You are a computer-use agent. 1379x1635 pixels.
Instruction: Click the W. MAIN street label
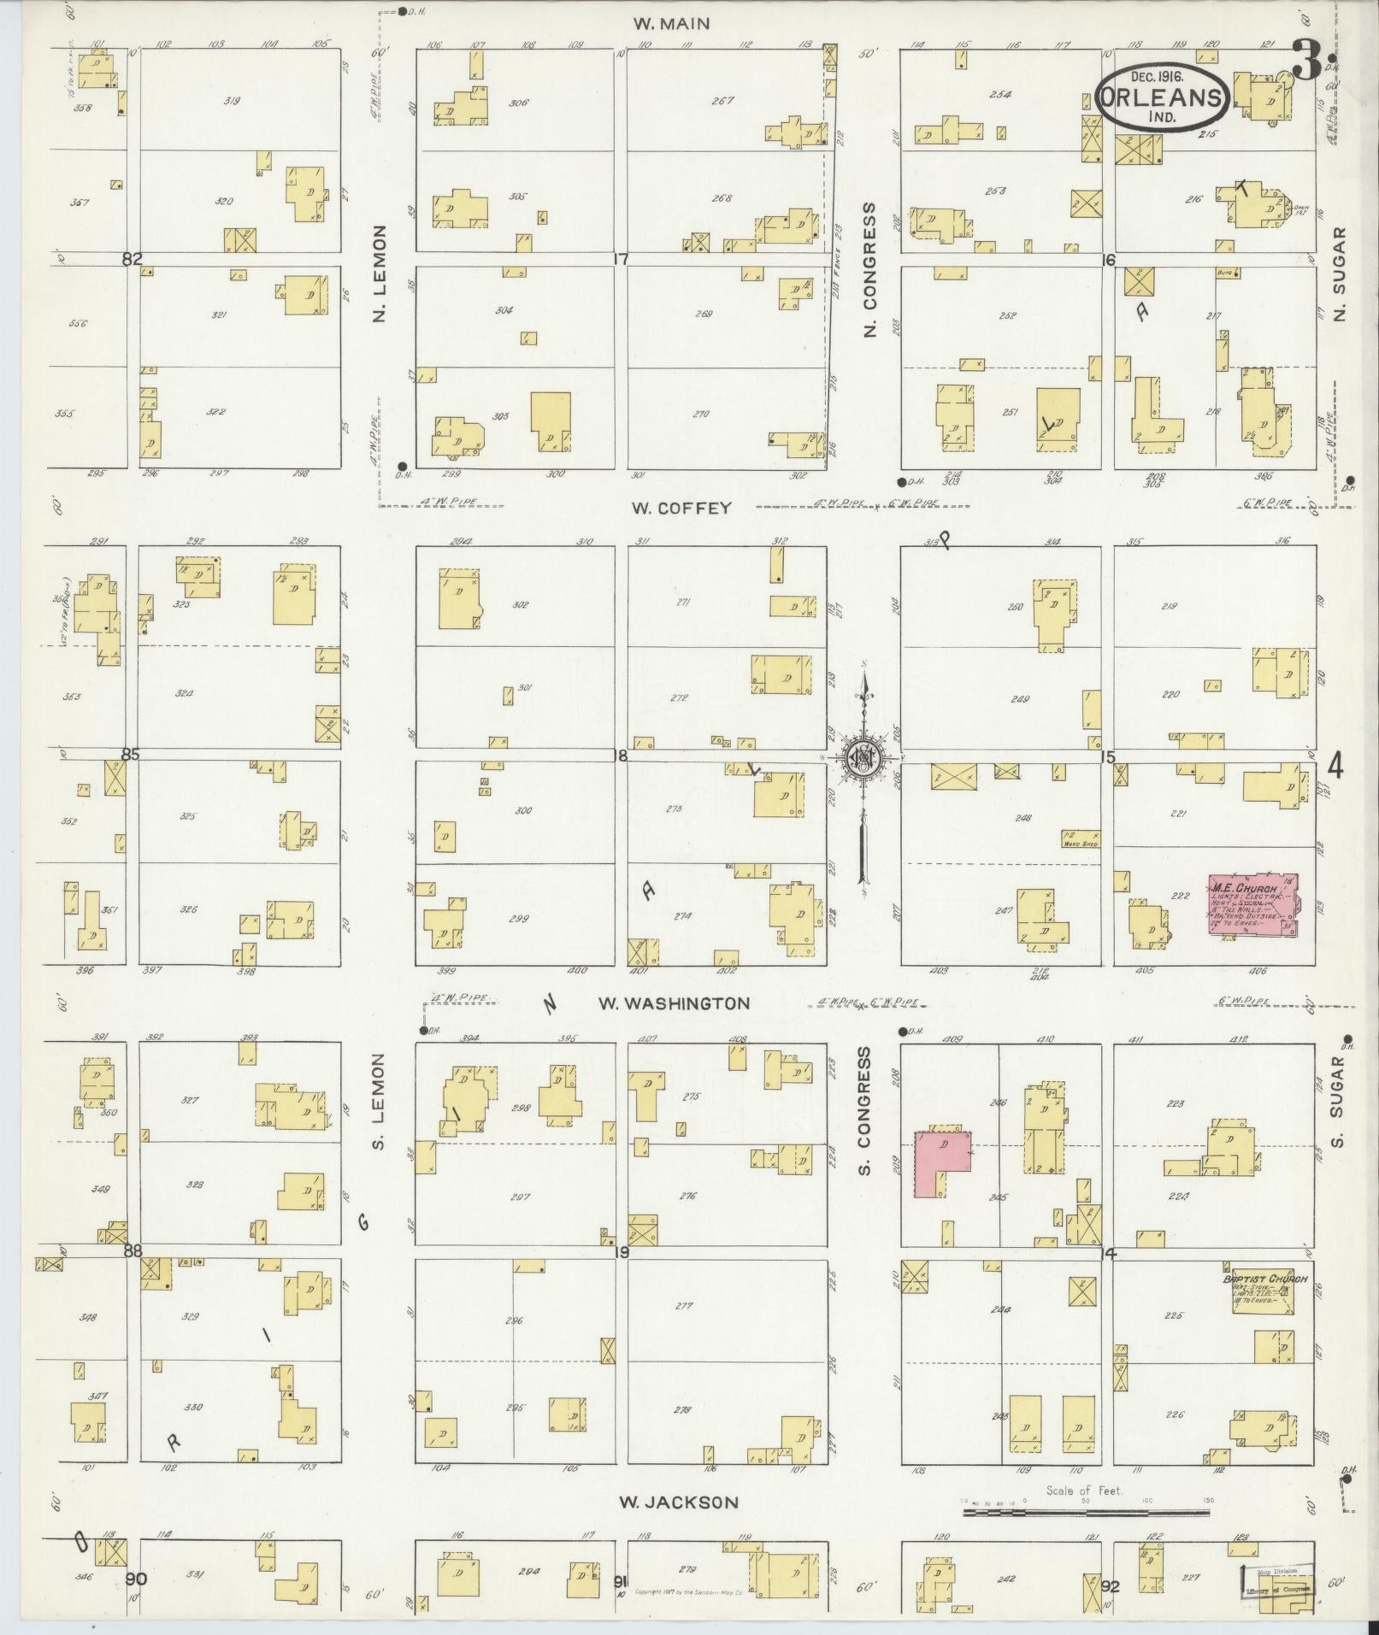point(671,23)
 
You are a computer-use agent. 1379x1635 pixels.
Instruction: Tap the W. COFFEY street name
point(681,508)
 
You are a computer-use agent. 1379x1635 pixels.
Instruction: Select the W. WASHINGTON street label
point(674,1003)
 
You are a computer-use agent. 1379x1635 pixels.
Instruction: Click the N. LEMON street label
point(380,273)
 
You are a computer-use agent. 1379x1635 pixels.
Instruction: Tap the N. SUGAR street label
point(1339,273)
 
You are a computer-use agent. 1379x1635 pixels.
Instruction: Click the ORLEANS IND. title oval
point(1163,97)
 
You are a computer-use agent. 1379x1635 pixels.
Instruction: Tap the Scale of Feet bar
point(1086,1512)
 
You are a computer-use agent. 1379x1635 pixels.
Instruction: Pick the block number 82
point(131,260)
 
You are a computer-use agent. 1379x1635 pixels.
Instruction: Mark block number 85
point(130,755)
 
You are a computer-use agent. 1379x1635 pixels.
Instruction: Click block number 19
point(621,1253)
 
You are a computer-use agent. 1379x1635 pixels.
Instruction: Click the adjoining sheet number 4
point(1335,767)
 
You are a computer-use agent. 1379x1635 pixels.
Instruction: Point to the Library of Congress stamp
point(1276,1581)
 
